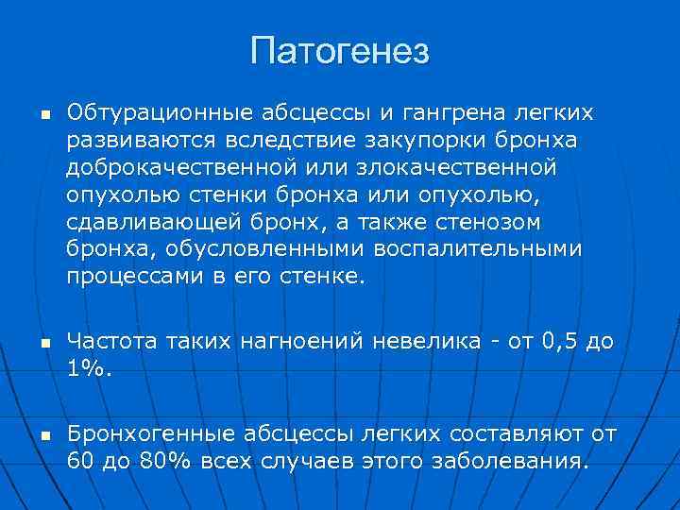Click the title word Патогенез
(340, 50)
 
